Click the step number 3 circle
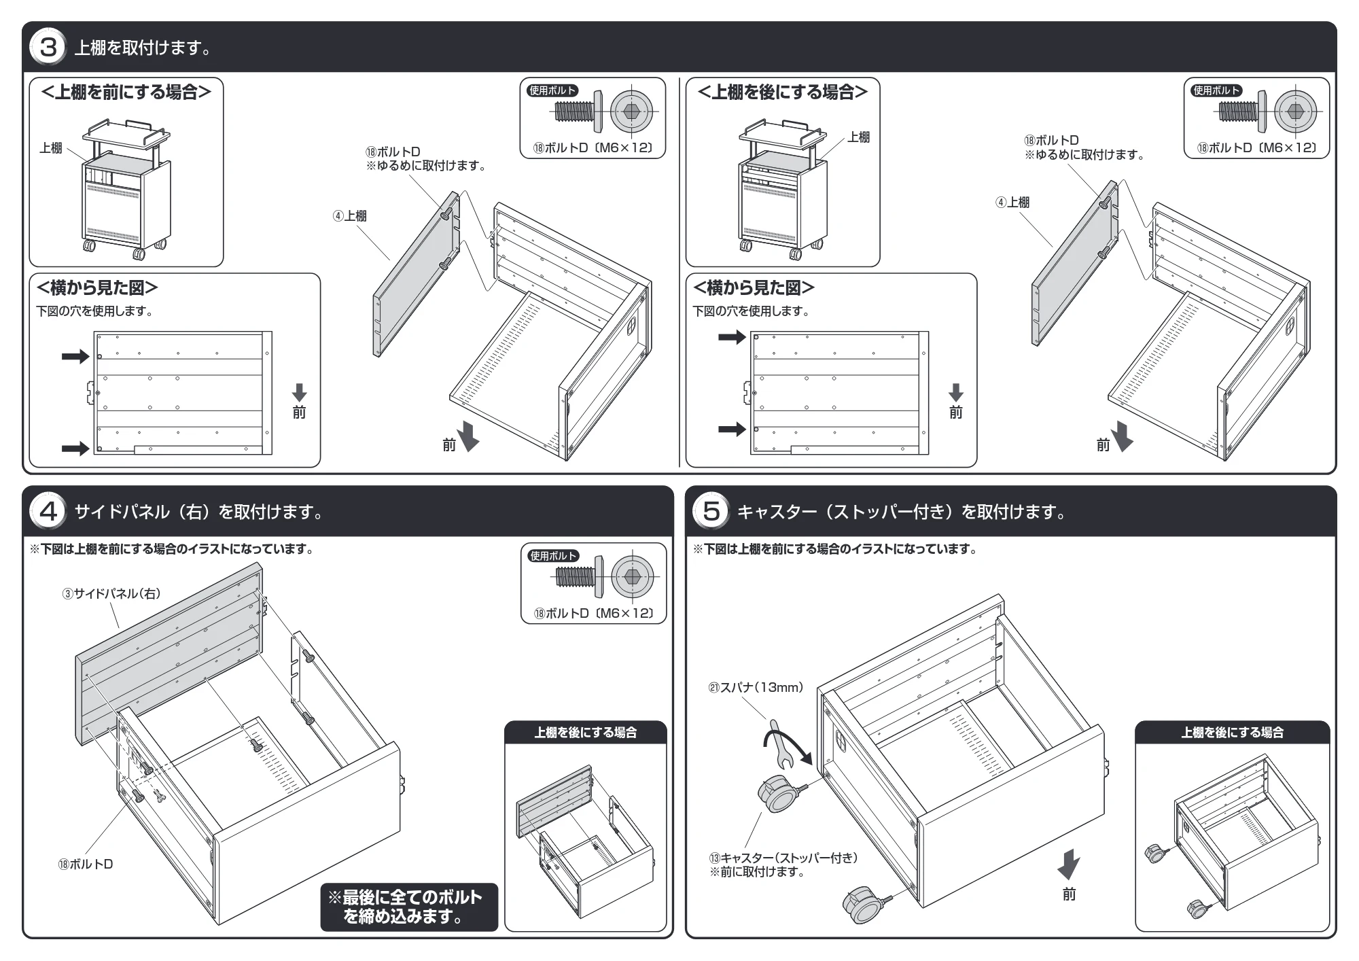coord(48,48)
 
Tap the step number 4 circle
coord(48,511)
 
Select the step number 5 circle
coord(711,511)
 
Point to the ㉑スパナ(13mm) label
coord(756,687)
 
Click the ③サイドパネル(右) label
coord(111,593)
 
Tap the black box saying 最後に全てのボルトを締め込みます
coord(409,907)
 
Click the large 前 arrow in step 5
coord(1069,863)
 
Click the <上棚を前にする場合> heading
coord(126,92)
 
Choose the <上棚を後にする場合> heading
coord(783,92)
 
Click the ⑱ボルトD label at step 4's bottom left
coord(86,864)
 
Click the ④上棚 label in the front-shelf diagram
coord(350,215)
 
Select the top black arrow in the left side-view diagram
coord(75,356)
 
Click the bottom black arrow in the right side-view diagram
coord(732,429)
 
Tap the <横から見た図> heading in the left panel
coord(97,288)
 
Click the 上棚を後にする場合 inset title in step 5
coord(1232,732)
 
